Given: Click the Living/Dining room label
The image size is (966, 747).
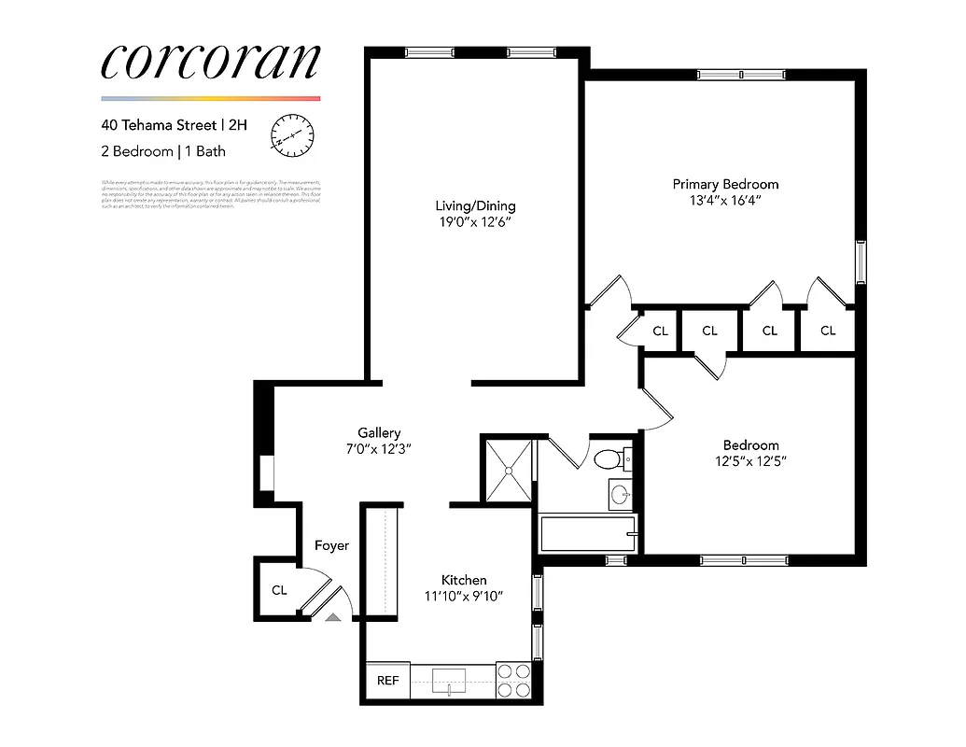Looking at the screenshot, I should point(475,206).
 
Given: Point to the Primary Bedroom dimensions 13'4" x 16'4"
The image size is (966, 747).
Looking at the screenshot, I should point(725,200).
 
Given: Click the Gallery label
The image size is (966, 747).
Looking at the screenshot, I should point(379,432).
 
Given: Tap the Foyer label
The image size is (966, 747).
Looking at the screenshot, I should point(331,545).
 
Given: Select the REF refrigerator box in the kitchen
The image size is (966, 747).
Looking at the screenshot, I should point(387,681).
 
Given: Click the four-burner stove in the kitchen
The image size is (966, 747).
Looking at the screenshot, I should point(512,681).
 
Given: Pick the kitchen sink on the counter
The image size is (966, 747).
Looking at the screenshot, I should point(452,681).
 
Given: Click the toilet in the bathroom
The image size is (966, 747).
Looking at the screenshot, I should point(612,459).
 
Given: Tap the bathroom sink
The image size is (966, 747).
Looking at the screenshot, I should point(619,494).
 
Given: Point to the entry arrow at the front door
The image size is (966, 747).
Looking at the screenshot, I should point(333,616).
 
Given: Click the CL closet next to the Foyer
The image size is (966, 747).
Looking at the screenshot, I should point(279,590).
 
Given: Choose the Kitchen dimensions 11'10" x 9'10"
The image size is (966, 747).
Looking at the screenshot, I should point(464,596).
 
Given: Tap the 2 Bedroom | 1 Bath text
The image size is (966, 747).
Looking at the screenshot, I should point(163,151).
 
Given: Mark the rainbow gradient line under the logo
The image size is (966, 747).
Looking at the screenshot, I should point(210,98).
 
